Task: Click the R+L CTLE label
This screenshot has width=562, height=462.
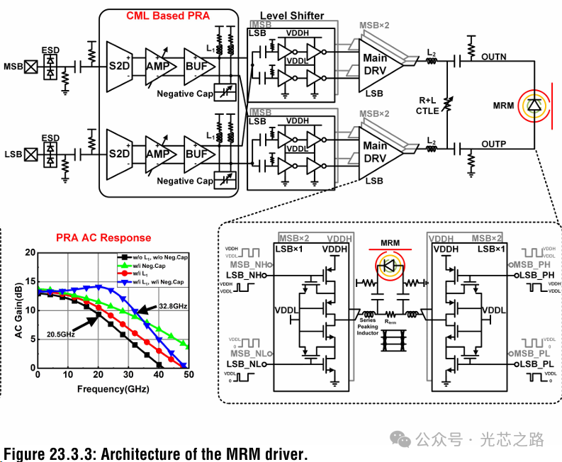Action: [x=429, y=106]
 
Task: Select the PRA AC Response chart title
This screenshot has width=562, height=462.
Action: [x=103, y=238]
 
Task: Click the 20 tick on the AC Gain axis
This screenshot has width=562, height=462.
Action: [x=29, y=252]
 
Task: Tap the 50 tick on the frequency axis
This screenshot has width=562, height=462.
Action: [x=189, y=374]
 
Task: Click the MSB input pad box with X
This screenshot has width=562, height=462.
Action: [x=30, y=67]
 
